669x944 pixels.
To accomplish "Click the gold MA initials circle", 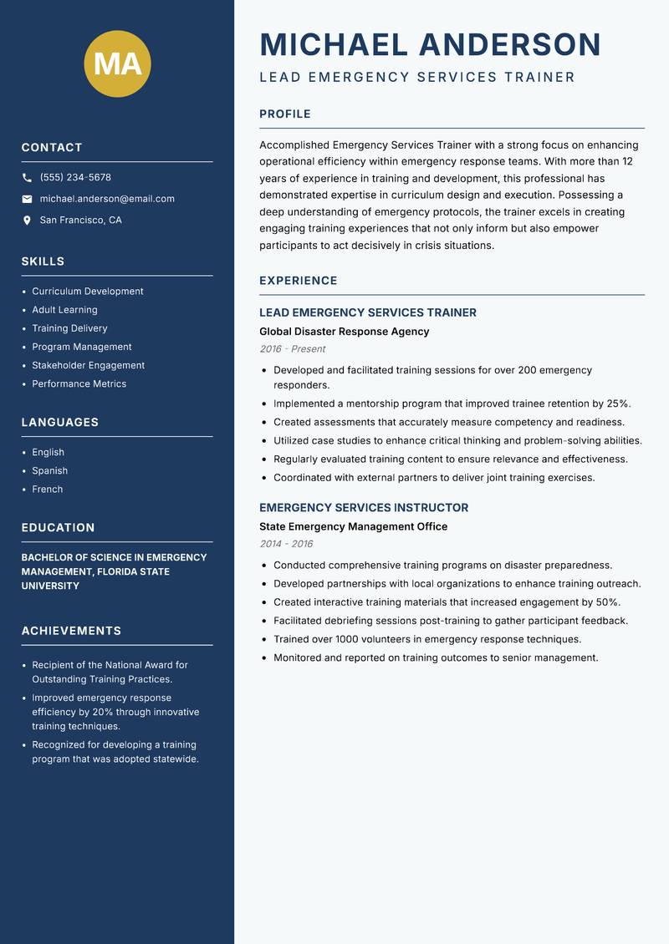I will (117, 63).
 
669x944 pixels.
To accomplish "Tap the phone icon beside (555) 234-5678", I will (27, 178).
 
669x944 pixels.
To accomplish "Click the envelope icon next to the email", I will (27, 199).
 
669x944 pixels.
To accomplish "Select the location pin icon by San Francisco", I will (27, 221).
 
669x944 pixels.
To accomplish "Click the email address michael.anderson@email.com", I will (107, 199).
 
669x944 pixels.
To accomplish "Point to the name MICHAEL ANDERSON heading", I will (430, 44).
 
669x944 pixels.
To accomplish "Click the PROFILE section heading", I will (284, 114).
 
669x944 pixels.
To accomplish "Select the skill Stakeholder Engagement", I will (88, 365).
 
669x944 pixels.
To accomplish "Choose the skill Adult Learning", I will (64, 310).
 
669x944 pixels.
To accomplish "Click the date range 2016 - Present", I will (292, 349).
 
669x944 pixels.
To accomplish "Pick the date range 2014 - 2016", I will (286, 544).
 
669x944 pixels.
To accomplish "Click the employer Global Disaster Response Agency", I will (344, 332).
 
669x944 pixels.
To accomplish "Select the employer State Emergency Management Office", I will (353, 526).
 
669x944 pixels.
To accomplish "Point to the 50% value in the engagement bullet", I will (607, 602).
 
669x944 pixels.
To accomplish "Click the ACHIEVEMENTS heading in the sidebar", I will (71, 631).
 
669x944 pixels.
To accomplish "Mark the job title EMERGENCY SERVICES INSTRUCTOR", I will (363, 508).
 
